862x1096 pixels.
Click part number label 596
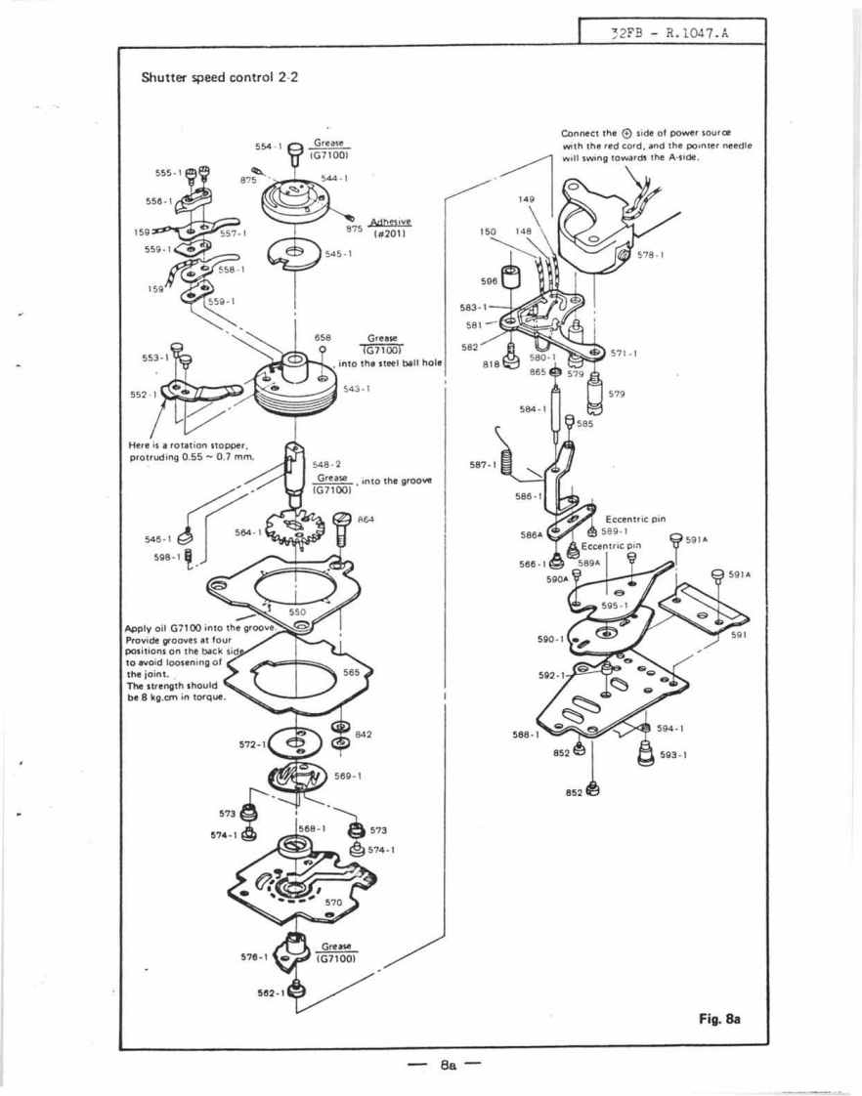[x=490, y=281]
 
